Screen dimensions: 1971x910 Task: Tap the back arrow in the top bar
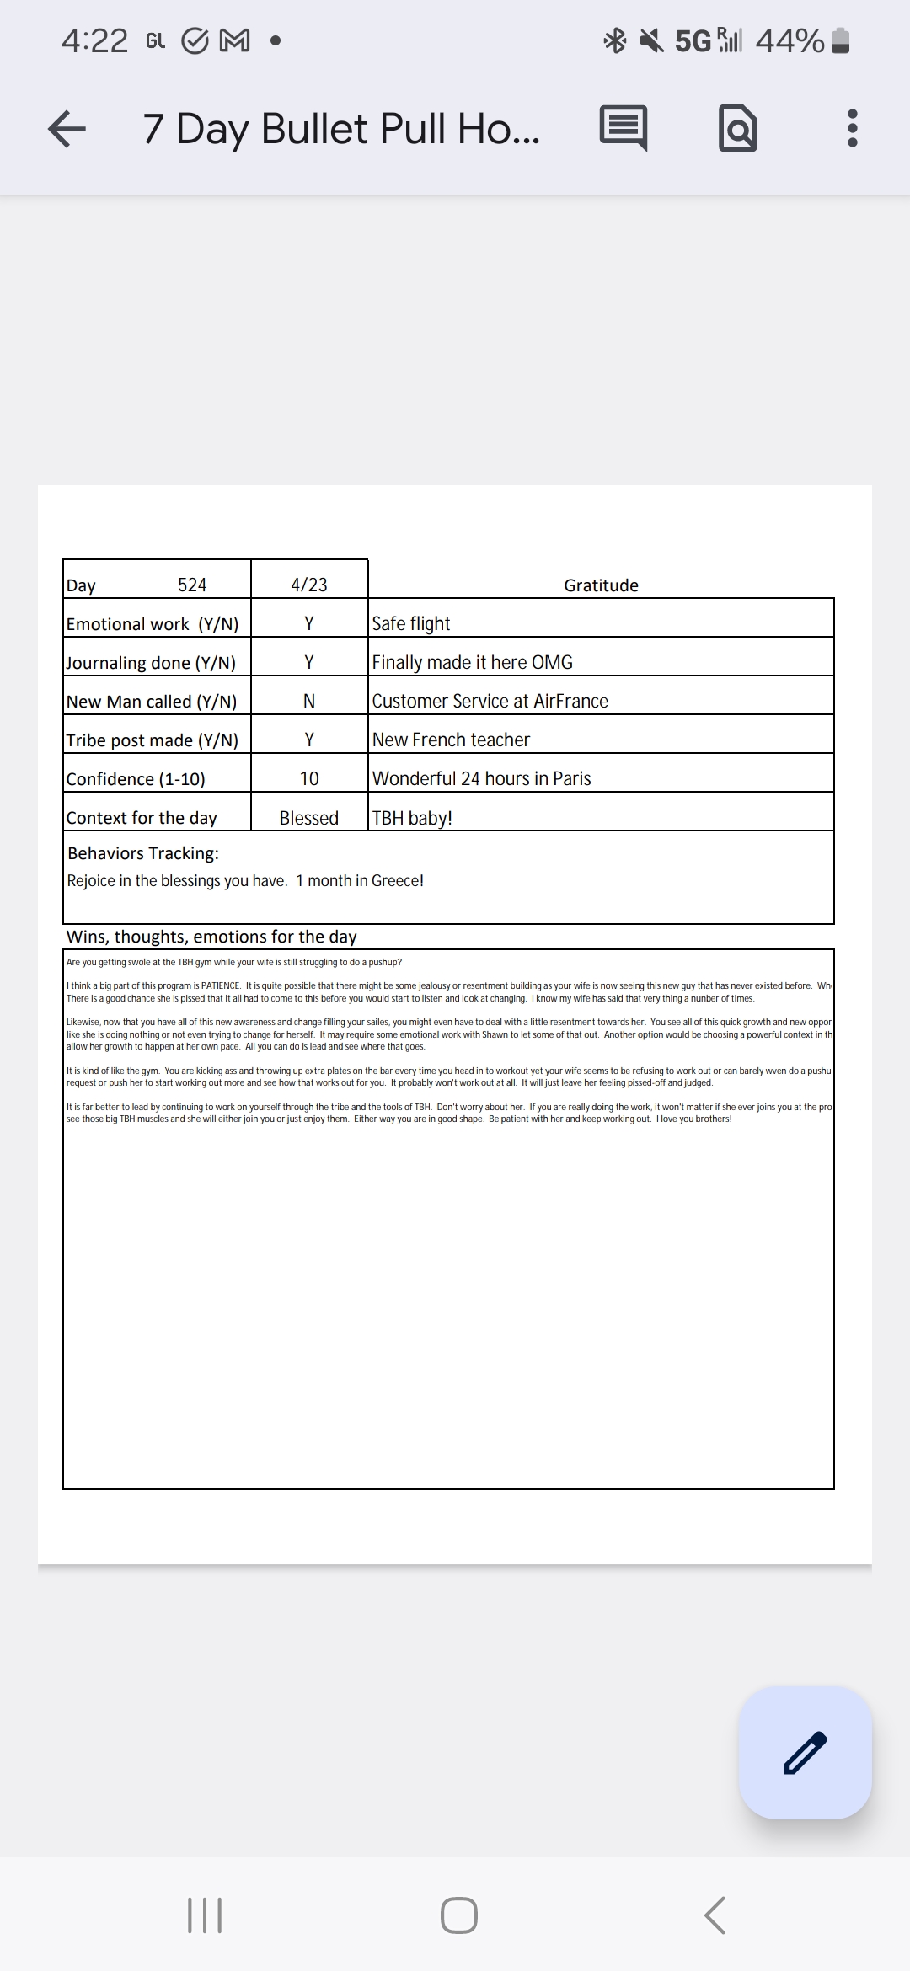click(x=67, y=129)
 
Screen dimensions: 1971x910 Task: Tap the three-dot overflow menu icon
click(x=852, y=129)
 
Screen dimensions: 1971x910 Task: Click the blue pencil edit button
click(x=805, y=1752)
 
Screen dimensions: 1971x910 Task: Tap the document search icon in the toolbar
click(x=738, y=129)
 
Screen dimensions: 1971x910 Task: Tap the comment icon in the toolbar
click(x=624, y=129)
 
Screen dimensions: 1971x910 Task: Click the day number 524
click(x=192, y=585)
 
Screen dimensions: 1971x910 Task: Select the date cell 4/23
click(x=309, y=585)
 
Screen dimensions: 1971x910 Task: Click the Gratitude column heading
click(x=601, y=585)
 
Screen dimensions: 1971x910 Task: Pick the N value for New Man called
click(x=309, y=701)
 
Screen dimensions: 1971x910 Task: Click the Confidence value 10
click(x=309, y=778)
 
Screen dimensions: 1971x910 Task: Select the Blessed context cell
click(x=309, y=818)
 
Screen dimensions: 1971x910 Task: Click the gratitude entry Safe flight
click(x=411, y=623)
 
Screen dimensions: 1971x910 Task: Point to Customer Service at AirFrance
click(x=490, y=701)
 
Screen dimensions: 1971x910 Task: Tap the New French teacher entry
click(x=451, y=740)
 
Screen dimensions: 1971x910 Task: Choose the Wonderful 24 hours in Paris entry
click(x=481, y=778)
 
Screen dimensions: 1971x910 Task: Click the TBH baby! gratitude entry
click(x=412, y=818)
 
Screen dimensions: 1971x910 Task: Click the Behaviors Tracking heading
click(x=143, y=853)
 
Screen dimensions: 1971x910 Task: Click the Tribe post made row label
click(x=153, y=740)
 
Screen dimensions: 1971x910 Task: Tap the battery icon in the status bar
click(x=840, y=40)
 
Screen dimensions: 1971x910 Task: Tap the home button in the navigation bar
click(x=458, y=1915)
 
